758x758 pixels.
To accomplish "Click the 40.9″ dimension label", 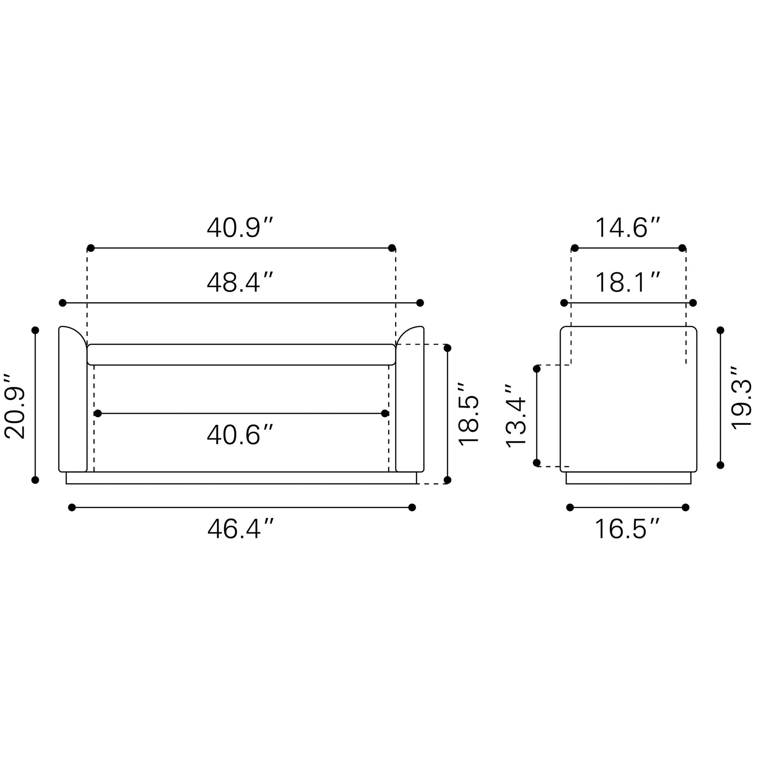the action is pos(240,228).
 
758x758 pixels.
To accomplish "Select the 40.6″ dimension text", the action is pos(240,435).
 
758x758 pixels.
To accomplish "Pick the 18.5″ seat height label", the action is pos(469,414).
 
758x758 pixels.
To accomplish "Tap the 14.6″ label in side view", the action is pos(627,228).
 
